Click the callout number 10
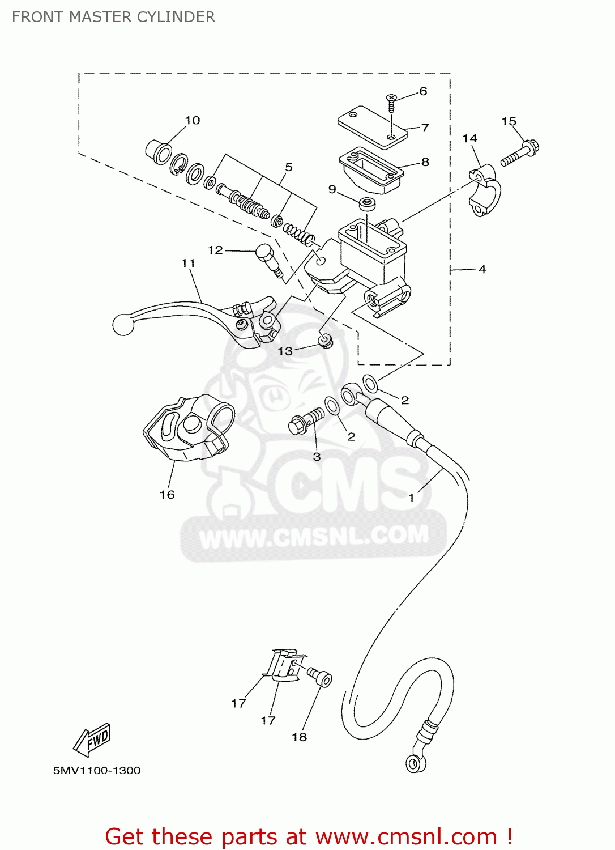[192, 120]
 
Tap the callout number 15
[509, 121]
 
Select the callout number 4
[482, 269]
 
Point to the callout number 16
[167, 495]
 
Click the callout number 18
[299, 737]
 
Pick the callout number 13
[285, 351]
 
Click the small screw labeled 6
[391, 103]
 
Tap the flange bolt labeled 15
[520, 154]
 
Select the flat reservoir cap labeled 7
[372, 127]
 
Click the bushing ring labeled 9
[367, 204]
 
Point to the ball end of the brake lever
[123, 325]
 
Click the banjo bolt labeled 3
[306, 421]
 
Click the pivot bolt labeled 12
[268, 260]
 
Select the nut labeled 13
[326, 341]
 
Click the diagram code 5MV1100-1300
[97, 771]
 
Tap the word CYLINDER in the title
[176, 17]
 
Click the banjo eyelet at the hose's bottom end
[416, 763]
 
